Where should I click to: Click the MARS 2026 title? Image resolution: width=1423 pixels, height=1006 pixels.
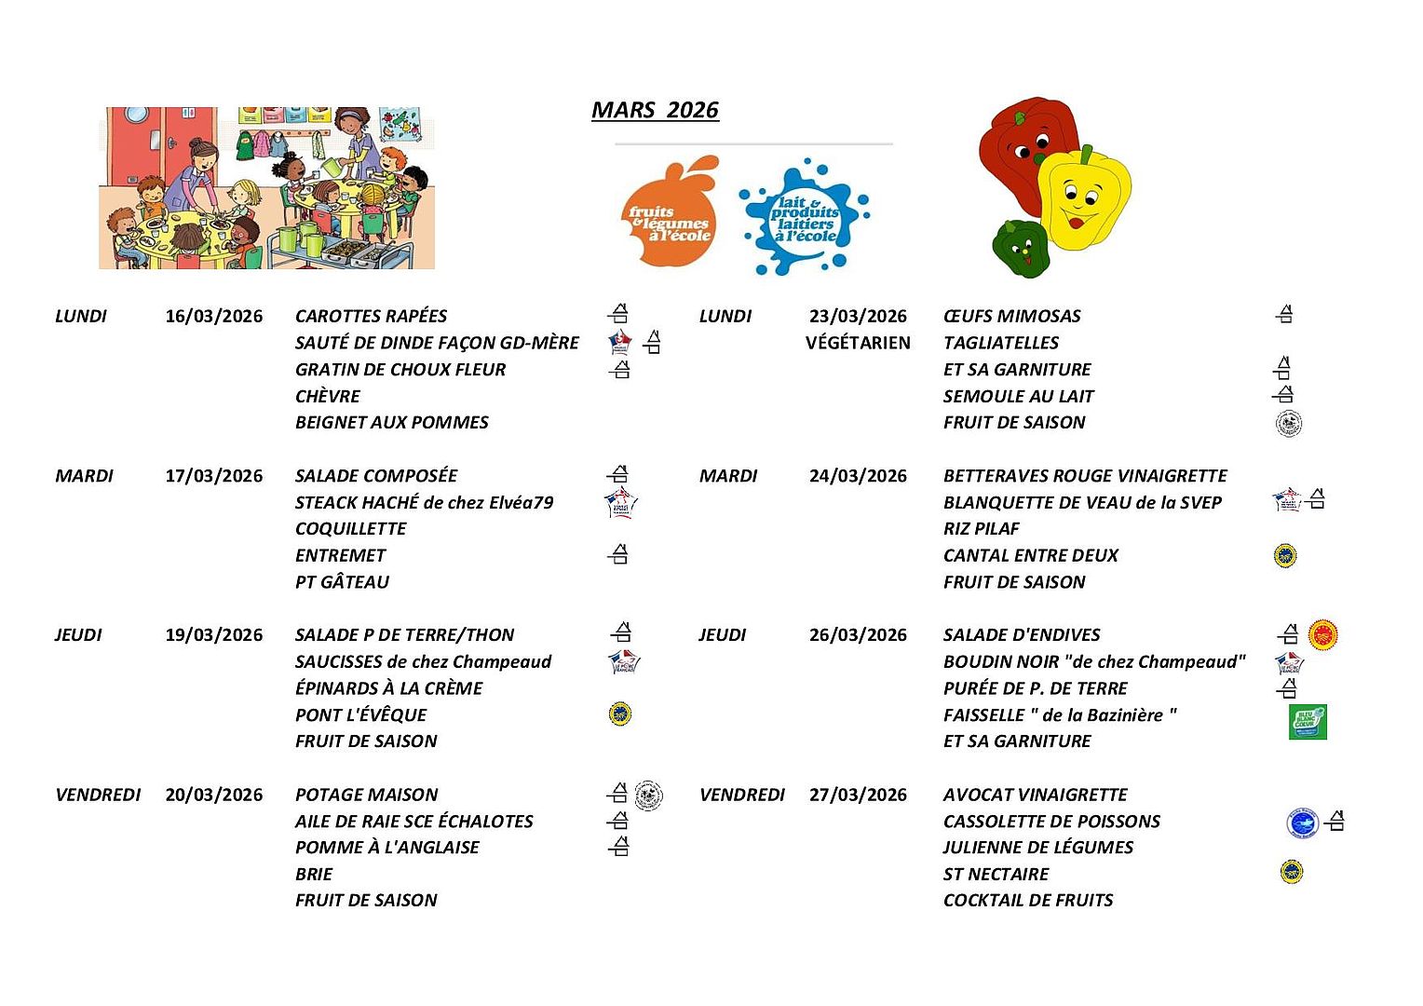[655, 110]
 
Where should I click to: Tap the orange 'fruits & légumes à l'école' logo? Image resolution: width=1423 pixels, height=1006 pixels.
[671, 212]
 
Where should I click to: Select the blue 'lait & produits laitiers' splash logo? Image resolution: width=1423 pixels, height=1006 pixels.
[804, 218]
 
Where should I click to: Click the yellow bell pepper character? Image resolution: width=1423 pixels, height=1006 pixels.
[1082, 199]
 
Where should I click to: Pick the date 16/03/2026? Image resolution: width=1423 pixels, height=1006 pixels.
[214, 316]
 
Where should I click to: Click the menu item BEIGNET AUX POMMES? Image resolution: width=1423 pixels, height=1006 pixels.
[391, 422]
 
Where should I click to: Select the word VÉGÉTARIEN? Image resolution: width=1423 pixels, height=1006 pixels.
[858, 343]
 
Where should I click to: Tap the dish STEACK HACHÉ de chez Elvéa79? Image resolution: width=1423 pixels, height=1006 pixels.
[424, 502]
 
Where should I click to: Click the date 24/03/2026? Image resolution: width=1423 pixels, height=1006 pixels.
[858, 476]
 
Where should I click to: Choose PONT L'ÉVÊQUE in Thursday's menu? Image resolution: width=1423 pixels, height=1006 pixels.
[360, 714]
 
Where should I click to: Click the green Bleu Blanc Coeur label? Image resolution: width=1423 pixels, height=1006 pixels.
[1308, 722]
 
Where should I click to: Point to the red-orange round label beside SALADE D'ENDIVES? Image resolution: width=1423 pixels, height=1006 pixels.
[1322, 634]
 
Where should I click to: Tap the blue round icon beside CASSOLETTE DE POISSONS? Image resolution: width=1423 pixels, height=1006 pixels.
[1302, 822]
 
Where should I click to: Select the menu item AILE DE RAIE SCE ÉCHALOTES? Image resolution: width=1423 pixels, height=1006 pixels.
[413, 821]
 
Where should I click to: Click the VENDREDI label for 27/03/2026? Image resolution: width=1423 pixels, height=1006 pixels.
[741, 795]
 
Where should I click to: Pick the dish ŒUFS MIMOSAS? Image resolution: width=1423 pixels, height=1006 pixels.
[1011, 316]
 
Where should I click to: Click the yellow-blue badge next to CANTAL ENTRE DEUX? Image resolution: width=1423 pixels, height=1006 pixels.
[1285, 556]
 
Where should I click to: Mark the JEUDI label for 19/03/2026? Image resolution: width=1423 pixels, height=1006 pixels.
[78, 634]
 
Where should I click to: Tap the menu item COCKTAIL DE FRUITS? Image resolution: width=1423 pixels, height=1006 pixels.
[1028, 900]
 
